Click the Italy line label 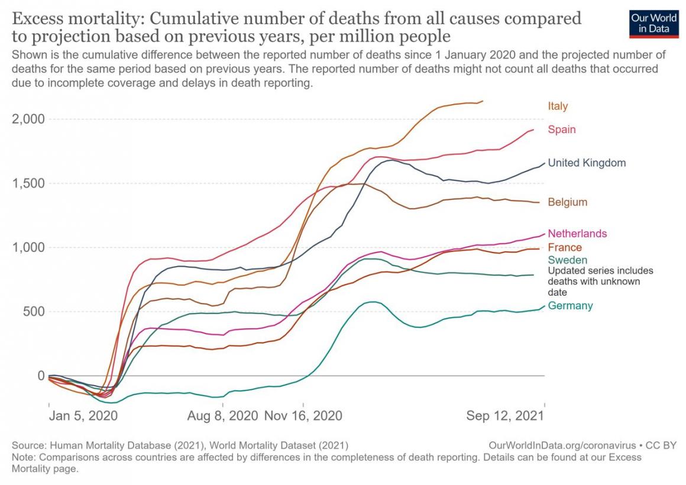(x=558, y=106)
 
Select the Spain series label (x=561, y=130)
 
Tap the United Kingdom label (x=587, y=163)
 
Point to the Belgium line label (x=567, y=202)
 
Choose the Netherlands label (x=577, y=234)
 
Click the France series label (x=565, y=248)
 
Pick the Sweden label (x=567, y=260)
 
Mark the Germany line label (x=570, y=306)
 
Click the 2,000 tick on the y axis (x=28, y=119)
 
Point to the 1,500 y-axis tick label (x=28, y=183)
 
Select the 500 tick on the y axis (x=33, y=312)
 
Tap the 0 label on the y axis (x=41, y=376)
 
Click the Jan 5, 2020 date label (x=83, y=416)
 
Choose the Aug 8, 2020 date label (x=222, y=416)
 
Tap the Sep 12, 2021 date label (x=504, y=416)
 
